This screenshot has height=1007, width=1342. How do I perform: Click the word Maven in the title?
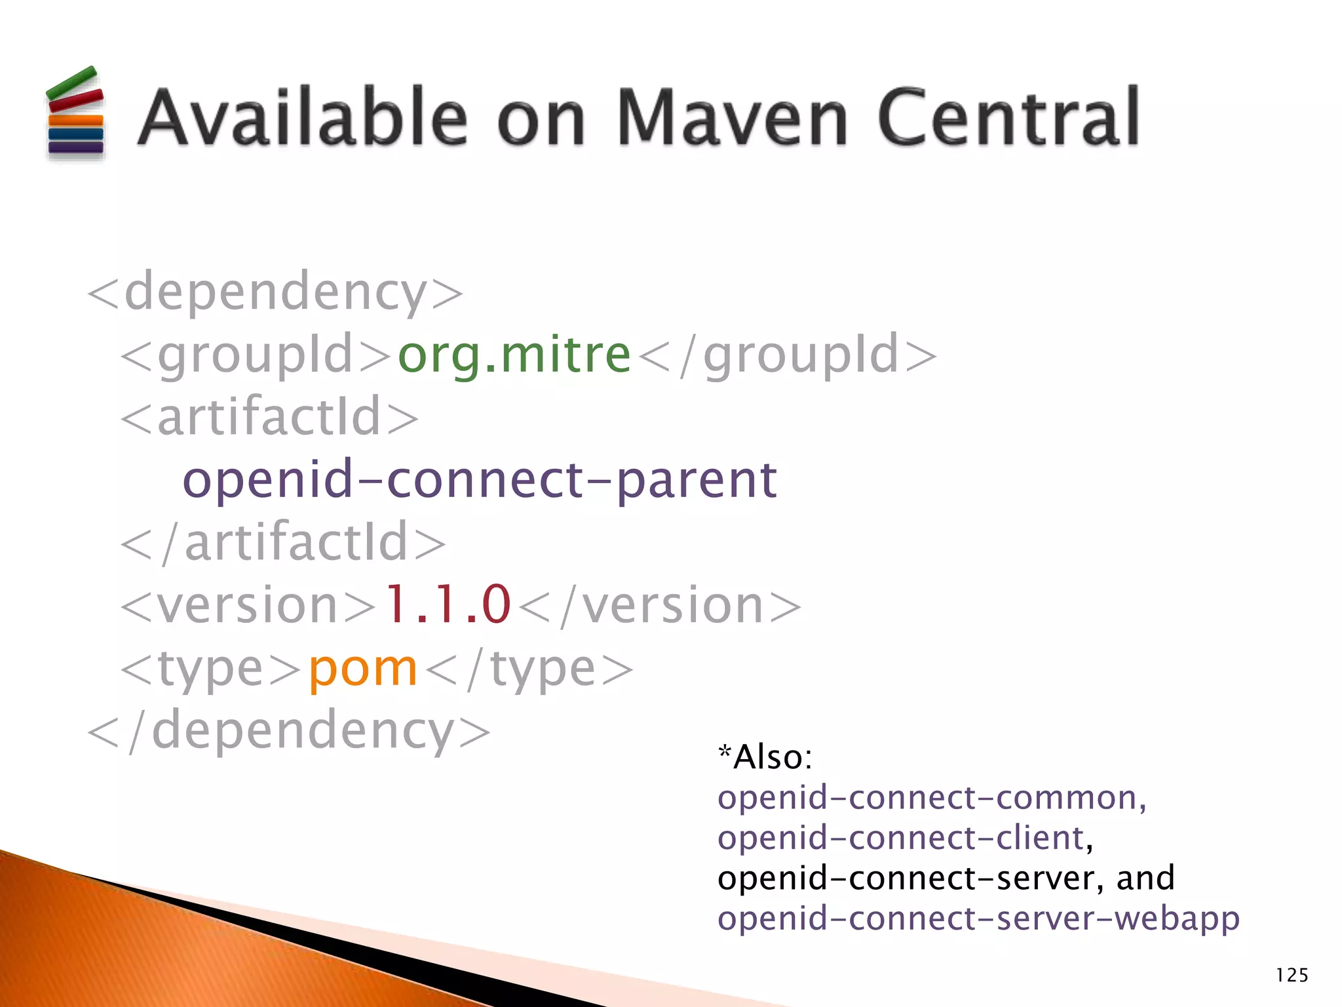[x=733, y=118]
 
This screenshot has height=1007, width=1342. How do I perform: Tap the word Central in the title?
[x=1008, y=118]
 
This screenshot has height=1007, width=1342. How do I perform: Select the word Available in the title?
[x=303, y=118]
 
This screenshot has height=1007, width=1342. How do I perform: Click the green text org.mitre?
[x=514, y=355]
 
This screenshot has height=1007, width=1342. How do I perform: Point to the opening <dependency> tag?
[x=275, y=292]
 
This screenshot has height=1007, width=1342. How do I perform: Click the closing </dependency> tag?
[x=289, y=730]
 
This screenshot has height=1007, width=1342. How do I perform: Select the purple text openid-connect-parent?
[x=480, y=481]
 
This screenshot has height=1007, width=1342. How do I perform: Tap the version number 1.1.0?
[x=447, y=604]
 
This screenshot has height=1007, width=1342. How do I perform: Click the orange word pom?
[x=363, y=669]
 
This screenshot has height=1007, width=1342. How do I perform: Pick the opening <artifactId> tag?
[x=269, y=418]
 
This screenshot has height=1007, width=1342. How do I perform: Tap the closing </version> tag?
[x=659, y=605]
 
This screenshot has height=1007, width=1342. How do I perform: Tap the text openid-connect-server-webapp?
[x=978, y=918]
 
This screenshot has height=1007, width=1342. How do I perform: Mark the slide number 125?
[x=1292, y=976]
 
